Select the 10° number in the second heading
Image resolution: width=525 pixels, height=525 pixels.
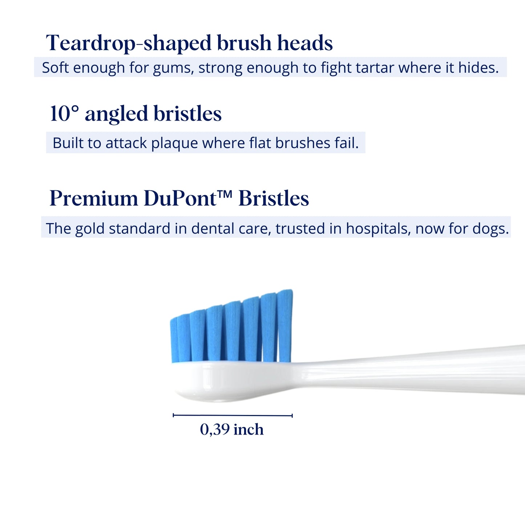pyautogui.click(x=64, y=114)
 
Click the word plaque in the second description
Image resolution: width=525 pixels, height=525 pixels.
pyautogui.click(x=175, y=144)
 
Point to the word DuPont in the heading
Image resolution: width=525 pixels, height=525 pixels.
pyautogui.click(x=180, y=199)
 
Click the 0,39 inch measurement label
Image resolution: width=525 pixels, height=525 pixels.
pyautogui.click(x=232, y=429)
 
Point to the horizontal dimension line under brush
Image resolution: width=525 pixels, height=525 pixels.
pyautogui.click(x=233, y=415)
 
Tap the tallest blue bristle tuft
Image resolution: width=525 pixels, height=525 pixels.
pyautogui.click(x=285, y=325)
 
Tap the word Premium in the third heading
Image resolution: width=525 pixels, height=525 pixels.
pyautogui.click(x=94, y=199)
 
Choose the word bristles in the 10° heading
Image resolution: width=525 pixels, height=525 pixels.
pyautogui.click(x=187, y=114)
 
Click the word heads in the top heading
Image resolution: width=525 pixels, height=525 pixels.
pyautogui.click(x=305, y=44)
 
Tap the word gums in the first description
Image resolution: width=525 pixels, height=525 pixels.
pyautogui.click(x=172, y=68)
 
